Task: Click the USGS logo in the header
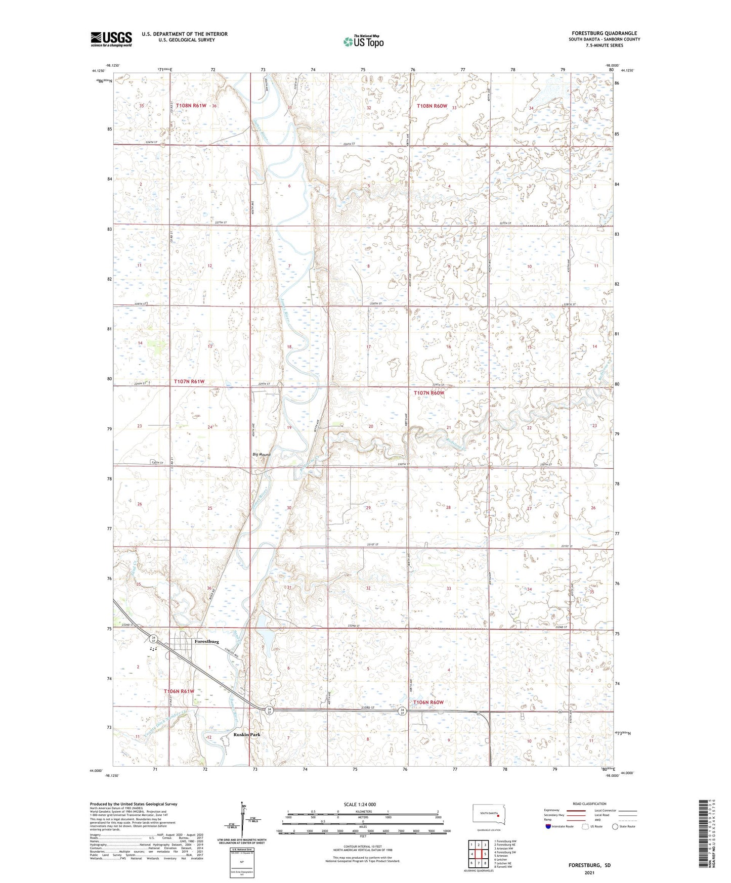[x=111, y=39]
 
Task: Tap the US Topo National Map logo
[x=363, y=41]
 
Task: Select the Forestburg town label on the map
[x=206, y=641]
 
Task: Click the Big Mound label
[x=262, y=455]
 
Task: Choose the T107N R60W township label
[x=428, y=393]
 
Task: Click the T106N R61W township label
[x=179, y=691]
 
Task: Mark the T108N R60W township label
[x=432, y=106]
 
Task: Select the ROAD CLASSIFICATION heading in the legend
[x=589, y=804]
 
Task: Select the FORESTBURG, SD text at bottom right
[x=589, y=865]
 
